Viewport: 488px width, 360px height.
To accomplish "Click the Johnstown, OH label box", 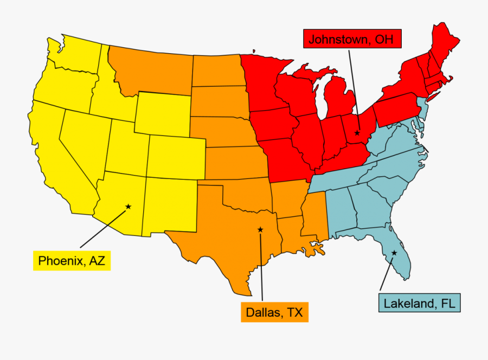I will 347,39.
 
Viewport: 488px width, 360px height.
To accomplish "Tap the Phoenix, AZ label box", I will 72,261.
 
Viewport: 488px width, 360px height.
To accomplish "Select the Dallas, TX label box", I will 274,312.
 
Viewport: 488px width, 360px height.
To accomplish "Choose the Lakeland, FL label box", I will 419,303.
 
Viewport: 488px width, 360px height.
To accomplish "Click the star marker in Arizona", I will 129,207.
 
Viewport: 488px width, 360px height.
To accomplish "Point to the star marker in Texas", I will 260,230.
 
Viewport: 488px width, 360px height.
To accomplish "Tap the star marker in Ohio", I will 357,133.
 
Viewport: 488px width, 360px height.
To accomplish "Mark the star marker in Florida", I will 394,253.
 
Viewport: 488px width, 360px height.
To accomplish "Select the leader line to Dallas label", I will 261,266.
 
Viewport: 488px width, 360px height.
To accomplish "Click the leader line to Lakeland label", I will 387,274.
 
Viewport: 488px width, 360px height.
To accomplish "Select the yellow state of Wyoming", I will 162,114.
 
